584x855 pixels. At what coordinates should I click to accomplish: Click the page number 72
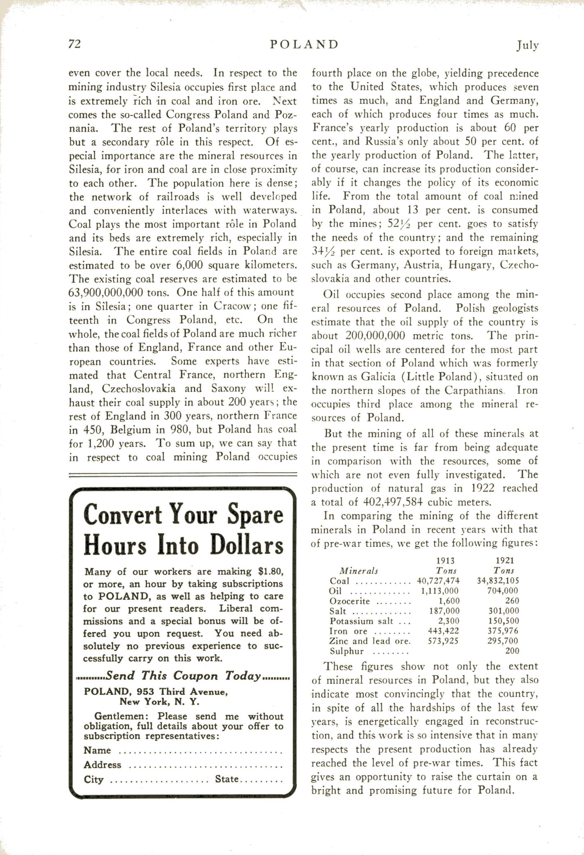[x=74, y=44]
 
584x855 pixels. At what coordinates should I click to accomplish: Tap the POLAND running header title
[x=304, y=44]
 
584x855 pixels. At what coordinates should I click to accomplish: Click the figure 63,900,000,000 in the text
[x=119, y=292]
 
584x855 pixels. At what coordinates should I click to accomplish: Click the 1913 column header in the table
[x=445, y=560]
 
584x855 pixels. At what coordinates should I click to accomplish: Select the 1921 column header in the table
[x=505, y=560]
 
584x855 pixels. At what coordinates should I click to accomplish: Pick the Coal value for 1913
[x=438, y=581]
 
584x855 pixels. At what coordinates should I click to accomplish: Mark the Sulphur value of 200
[x=512, y=651]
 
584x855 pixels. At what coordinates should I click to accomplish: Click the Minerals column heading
[x=359, y=571]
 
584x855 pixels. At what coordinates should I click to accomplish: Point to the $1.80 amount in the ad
[x=270, y=572]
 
